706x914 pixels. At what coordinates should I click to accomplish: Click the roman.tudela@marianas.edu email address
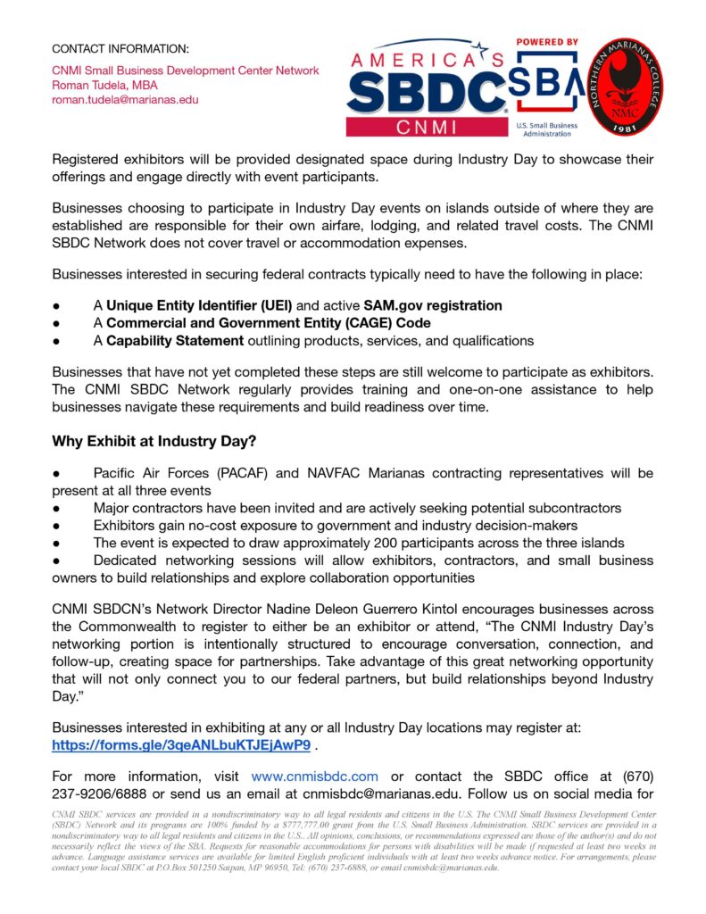tap(125, 100)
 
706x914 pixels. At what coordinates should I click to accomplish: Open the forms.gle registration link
tap(181, 744)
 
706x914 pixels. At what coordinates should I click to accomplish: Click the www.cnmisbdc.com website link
tap(314, 776)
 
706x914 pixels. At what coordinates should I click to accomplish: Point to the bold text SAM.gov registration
tap(433, 305)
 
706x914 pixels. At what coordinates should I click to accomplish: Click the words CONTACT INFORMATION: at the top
tap(120, 48)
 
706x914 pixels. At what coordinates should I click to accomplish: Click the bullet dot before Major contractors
tap(55, 509)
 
